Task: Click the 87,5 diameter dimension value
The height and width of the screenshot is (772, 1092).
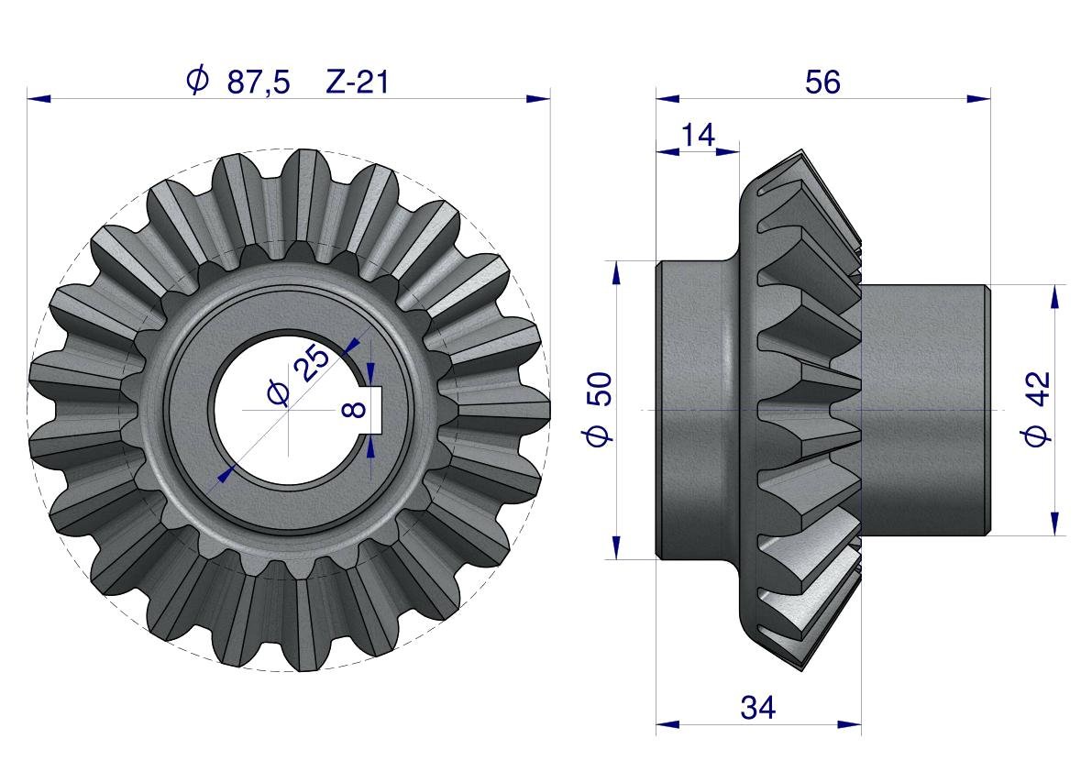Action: pos(259,83)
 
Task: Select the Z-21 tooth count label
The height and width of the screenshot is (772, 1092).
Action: pos(357,83)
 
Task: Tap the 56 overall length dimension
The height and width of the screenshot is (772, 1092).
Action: pos(822,83)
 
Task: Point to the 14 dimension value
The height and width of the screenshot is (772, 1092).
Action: pos(697,135)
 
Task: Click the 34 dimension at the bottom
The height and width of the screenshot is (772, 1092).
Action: pos(757,708)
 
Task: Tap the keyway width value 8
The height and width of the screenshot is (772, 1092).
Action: pos(355,409)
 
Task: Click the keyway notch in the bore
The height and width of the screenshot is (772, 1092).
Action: pos(374,410)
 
